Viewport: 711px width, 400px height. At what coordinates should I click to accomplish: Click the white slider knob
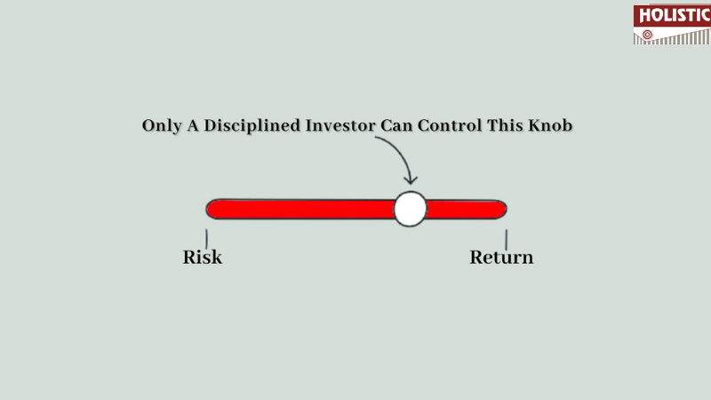410,209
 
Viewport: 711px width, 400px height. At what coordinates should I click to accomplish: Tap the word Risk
203,257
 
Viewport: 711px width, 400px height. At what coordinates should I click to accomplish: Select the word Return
501,257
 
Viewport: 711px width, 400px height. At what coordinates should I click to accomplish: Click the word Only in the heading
162,125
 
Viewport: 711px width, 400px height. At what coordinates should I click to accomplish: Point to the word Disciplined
252,125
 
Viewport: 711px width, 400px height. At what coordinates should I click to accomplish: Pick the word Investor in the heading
340,125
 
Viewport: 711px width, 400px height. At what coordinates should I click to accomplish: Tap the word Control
450,125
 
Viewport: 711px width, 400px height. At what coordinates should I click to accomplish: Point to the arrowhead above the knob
411,180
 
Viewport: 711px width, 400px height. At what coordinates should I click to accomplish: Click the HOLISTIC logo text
675,15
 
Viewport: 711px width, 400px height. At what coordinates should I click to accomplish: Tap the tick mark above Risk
206,239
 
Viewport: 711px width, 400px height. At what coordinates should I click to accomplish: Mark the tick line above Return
506,239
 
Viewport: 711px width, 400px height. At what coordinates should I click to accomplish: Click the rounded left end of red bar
211,209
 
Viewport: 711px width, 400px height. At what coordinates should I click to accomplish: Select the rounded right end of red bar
502,209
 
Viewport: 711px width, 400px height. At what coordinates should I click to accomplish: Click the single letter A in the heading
193,125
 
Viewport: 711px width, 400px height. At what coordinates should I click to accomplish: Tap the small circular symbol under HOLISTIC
647,35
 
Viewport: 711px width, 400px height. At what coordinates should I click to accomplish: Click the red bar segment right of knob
467,210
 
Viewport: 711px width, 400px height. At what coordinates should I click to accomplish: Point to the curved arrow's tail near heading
376,138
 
